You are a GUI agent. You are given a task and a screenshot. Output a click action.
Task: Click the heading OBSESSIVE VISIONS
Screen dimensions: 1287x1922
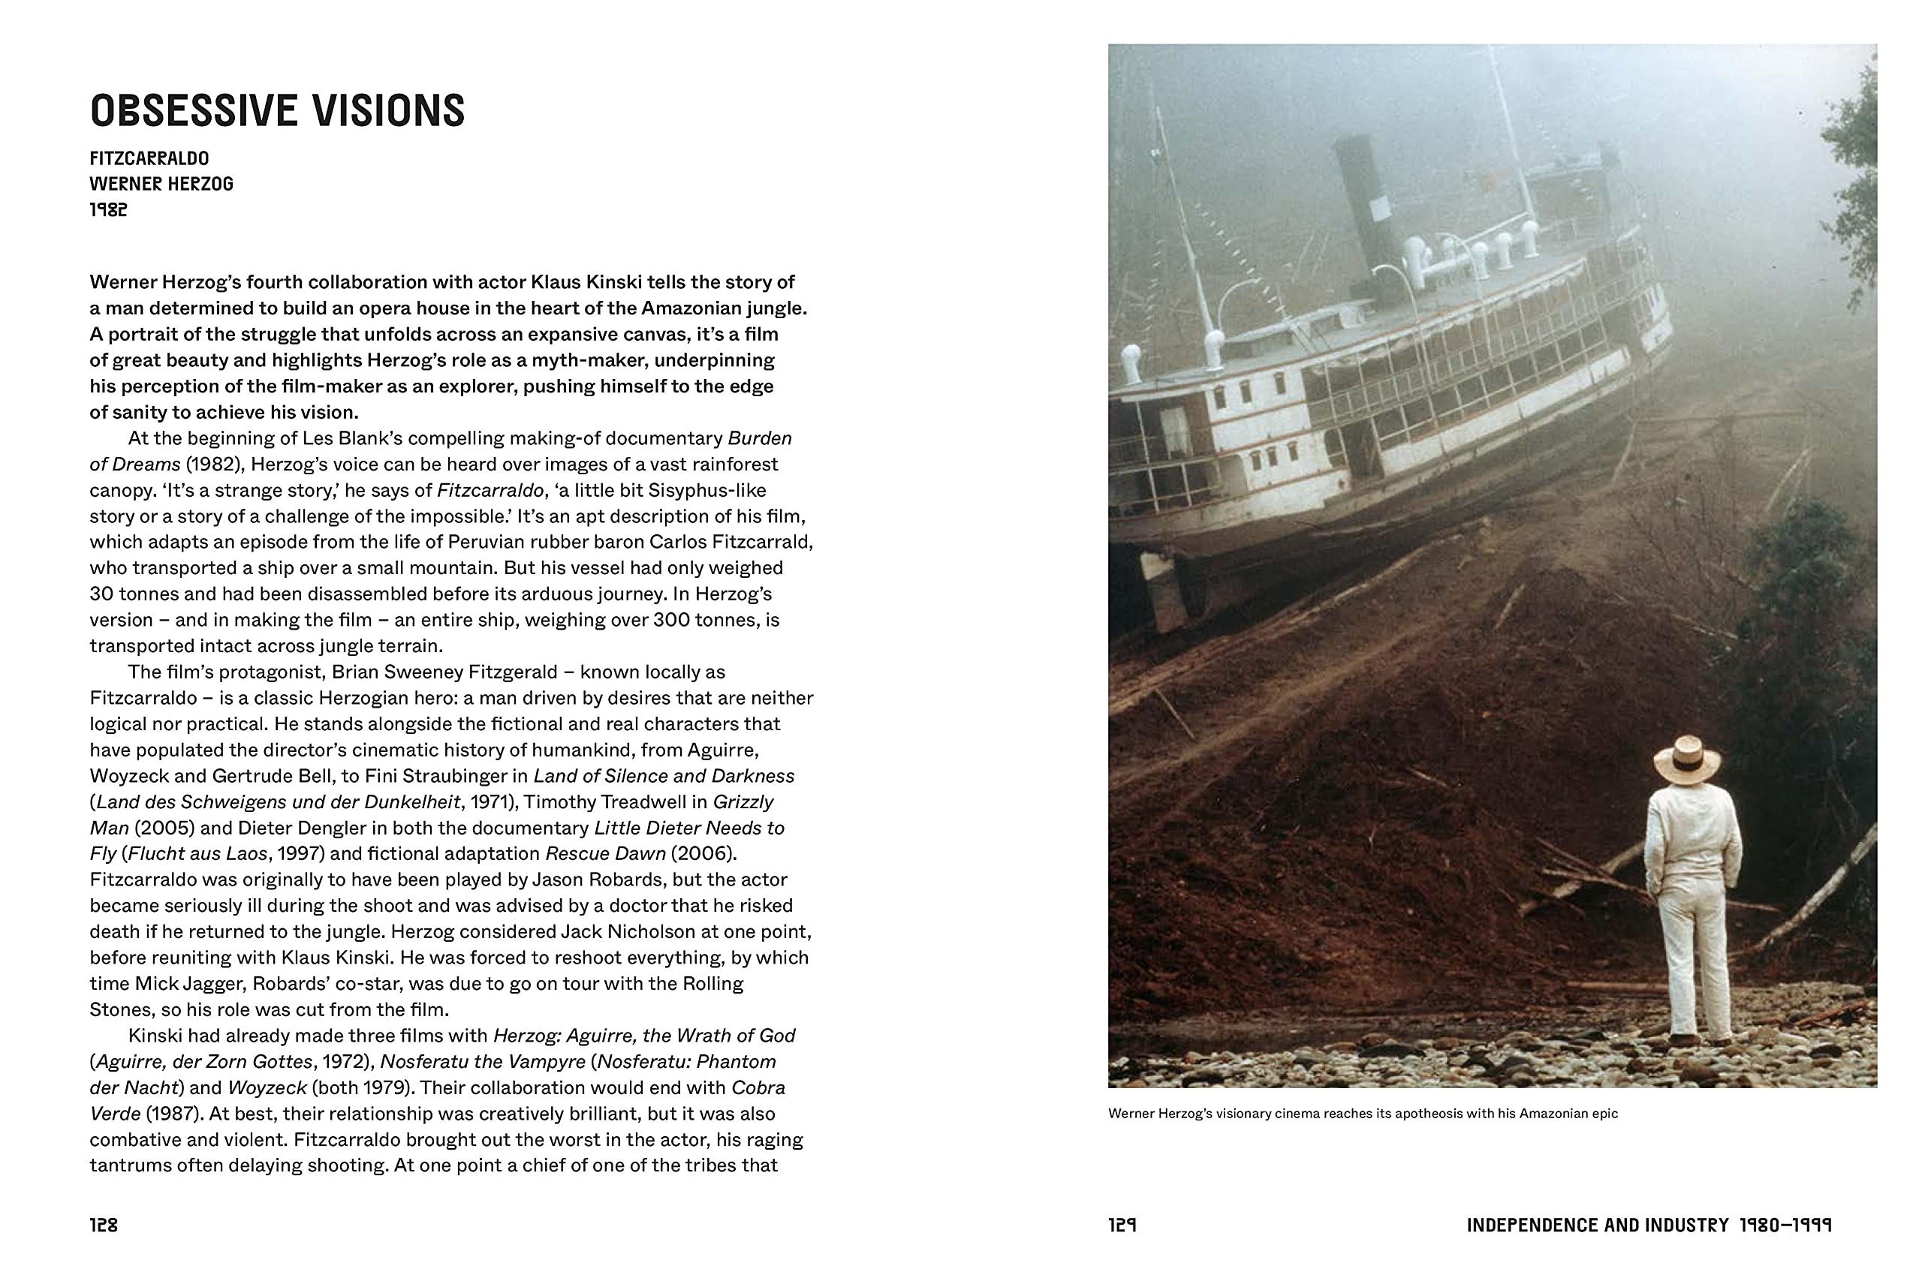tap(277, 111)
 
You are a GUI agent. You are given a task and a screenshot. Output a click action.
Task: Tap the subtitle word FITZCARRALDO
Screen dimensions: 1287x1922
tap(149, 158)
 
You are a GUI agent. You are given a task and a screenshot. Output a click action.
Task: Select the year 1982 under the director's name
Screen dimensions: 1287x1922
tap(108, 210)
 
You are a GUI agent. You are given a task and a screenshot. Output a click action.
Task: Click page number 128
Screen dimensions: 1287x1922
tap(104, 1225)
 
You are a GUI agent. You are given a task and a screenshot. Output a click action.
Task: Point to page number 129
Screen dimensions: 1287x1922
tap(1122, 1225)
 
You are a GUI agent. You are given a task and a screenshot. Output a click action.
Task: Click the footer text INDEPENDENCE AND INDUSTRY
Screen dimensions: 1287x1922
tap(1597, 1225)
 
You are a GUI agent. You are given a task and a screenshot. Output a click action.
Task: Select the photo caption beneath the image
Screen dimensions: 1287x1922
tap(1362, 1114)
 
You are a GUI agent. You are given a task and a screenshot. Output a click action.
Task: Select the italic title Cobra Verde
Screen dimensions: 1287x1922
tap(757, 1087)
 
